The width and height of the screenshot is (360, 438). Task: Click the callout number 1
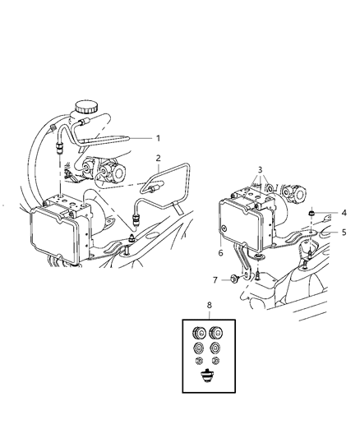pyautogui.click(x=159, y=137)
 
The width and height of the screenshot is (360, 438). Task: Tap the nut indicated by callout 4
pyautogui.click(x=312, y=215)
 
